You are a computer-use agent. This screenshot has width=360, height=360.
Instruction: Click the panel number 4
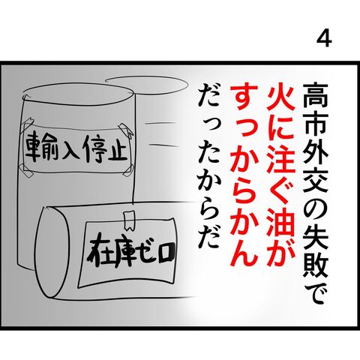click(324, 40)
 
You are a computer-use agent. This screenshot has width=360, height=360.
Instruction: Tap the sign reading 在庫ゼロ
click(128, 253)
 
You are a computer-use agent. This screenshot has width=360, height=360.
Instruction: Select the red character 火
click(279, 97)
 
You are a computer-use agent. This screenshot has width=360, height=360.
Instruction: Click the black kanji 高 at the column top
click(316, 96)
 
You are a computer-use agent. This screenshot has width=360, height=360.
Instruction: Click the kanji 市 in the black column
click(316, 123)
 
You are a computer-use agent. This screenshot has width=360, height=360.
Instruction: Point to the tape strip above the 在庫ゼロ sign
click(129, 220)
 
